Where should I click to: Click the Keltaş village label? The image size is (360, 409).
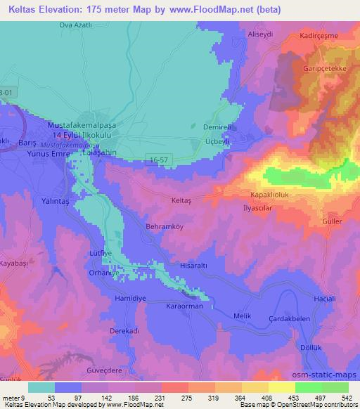click(x=182, y=200)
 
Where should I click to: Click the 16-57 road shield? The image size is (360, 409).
click(x=157, y=160)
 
